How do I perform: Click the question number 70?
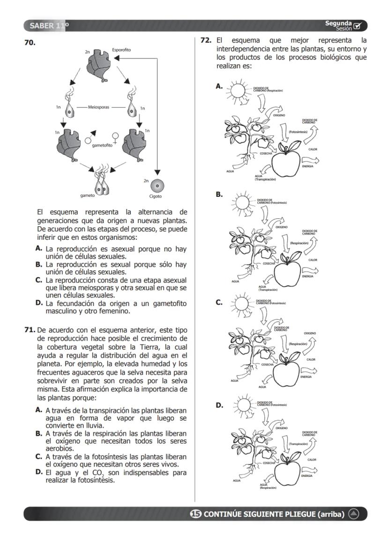[x=30, y=43]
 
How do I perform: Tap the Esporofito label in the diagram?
[x=121, y=50]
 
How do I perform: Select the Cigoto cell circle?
[x=156, y=184]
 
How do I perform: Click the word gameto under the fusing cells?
[x=87, y=195]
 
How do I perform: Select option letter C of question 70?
[x=39, y=280]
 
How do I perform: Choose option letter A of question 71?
[x=39, y=410]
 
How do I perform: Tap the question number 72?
[x=206, y=41]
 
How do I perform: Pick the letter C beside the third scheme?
[x=218, y=303]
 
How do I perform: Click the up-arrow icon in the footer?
[x=354, y=514]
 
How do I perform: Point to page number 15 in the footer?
[x=196, y=514]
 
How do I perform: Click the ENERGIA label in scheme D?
[x=307, y=475]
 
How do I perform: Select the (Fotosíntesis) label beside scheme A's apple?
[x=298, y=132]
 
